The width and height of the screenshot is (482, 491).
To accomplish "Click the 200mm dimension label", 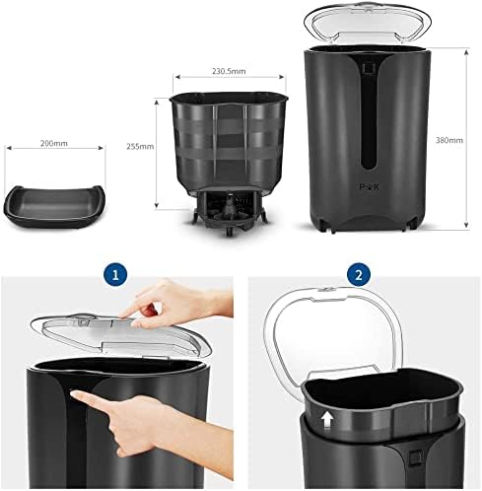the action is click(x=54, y=143).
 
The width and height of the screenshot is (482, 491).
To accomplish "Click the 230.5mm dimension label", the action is click(x=229, y=71).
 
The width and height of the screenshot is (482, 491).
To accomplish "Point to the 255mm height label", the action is click(x=140, y=146).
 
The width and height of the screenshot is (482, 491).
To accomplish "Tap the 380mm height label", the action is click(x=449, y=140).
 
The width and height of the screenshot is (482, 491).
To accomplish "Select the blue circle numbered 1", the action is click(x=115, y=275).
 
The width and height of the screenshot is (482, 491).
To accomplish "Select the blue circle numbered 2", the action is click(x=359, y=274).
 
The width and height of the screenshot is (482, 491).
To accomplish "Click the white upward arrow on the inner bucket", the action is click(x=327, y=420).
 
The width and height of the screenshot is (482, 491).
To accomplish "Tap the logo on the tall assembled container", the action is click(x=369, y=187).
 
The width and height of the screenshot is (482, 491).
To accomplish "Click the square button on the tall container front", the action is click(x=369, y=69).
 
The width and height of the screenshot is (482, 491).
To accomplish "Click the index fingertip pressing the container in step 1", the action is click(x=75, y=394).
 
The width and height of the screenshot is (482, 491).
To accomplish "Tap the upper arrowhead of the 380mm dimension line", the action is click(x=466, y=52).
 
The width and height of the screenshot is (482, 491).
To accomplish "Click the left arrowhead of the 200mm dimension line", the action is click(x=9, y=148).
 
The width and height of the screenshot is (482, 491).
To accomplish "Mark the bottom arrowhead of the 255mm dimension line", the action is click(x=157, y=205).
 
